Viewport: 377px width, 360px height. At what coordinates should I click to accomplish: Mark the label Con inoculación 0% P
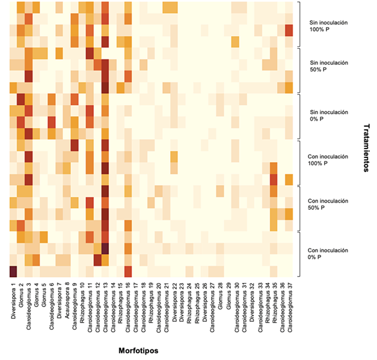pyautogui.click(x=325, y=255)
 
